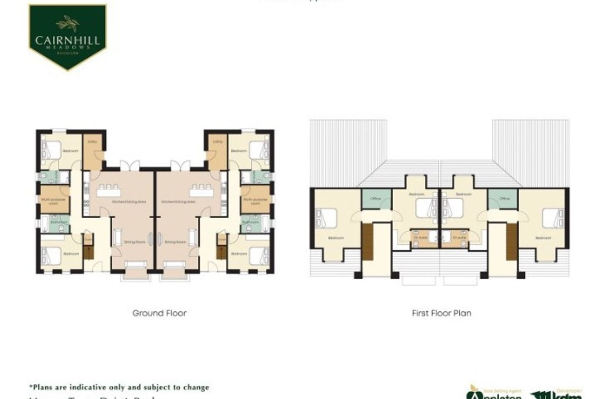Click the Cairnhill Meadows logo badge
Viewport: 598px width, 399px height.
tap(67, 37)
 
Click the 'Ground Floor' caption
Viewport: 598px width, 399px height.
tap(159, 313)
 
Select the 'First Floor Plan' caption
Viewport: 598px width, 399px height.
tap(441, 313)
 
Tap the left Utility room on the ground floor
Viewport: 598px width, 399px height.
tap(92, 152)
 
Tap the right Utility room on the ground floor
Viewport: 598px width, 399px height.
tap(217, 152)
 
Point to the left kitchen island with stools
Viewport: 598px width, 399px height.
tap(109, 192)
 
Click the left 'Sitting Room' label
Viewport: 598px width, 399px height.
tap(132, 242)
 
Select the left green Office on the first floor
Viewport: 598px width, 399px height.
tap(376, 199)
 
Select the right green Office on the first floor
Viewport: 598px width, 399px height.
tap(505, 199)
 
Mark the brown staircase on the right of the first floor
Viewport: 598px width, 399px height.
tap(512, 241)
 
